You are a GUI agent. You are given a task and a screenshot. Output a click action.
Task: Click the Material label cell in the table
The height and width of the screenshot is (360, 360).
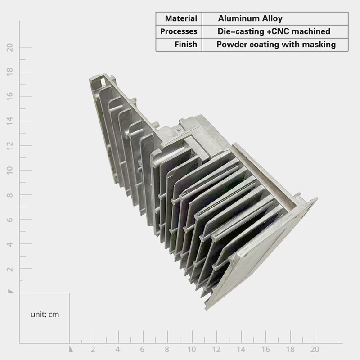(x=179, y=18)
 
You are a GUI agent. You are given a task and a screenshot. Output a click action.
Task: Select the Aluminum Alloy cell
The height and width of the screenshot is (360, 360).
(x=275, y=18)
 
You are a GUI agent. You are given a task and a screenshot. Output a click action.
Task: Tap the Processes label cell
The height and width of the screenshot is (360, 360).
(x=179, y=31)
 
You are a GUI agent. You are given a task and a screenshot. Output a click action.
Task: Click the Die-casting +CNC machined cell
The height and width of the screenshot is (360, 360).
(x=275, y=31)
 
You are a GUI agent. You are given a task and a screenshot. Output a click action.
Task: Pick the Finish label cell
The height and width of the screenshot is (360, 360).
(x=179, y=44)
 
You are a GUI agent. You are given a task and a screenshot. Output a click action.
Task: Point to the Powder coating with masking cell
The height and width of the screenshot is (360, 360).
(x=275, y=44)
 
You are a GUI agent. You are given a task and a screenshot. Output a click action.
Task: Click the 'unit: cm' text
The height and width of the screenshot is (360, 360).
(x=45, y=314)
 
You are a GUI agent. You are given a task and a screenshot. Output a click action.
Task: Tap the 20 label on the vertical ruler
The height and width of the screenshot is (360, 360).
(x=10, y=47)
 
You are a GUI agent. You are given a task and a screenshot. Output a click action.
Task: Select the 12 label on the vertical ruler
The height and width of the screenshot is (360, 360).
(x=10, y=146)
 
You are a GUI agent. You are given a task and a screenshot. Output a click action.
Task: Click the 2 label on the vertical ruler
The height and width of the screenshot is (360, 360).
(x=10, y=269)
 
